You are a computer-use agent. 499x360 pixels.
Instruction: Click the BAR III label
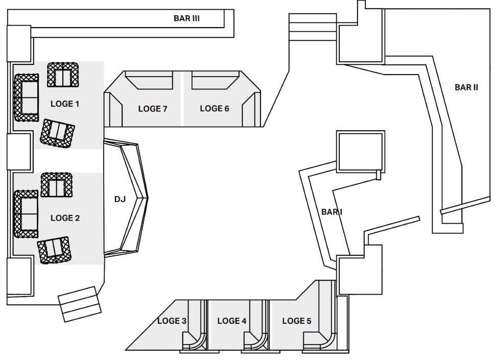[186, 18]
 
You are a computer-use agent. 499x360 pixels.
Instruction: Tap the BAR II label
[466, 87]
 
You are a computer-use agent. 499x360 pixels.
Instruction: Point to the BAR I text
[331, 212]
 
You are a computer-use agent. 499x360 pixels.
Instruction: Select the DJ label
[120, 199]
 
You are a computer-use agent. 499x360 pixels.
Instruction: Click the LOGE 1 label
[65, 104]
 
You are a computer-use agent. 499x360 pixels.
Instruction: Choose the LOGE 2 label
[65, 218]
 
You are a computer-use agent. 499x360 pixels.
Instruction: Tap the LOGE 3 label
[172, 321]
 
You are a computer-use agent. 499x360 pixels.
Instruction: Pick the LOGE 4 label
[232, 321]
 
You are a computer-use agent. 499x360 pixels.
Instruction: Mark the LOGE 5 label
[297, 321]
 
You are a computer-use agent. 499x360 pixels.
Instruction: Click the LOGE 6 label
[215, 109]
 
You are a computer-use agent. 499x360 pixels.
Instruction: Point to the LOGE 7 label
[153, 109]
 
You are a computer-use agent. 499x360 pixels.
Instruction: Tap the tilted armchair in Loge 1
[57, 134]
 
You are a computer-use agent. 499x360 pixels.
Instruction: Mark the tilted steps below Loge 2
[80, 304]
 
